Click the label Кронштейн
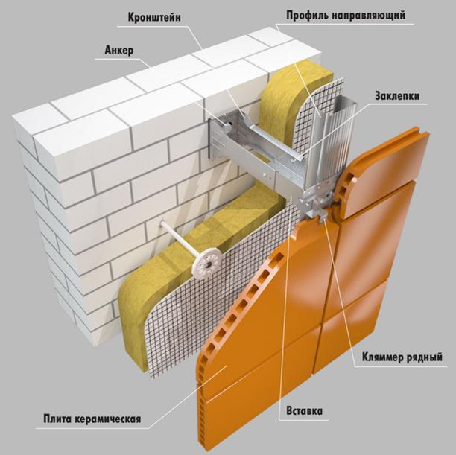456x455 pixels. tap(154, 17)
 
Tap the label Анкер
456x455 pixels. tap(119, 51)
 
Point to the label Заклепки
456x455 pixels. tap(397, 95)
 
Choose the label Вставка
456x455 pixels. tap(305, 411)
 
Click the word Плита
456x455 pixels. tap(57, 419)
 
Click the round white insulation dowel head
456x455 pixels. tap(207, 263)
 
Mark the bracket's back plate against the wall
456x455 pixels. tap(215, 136)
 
